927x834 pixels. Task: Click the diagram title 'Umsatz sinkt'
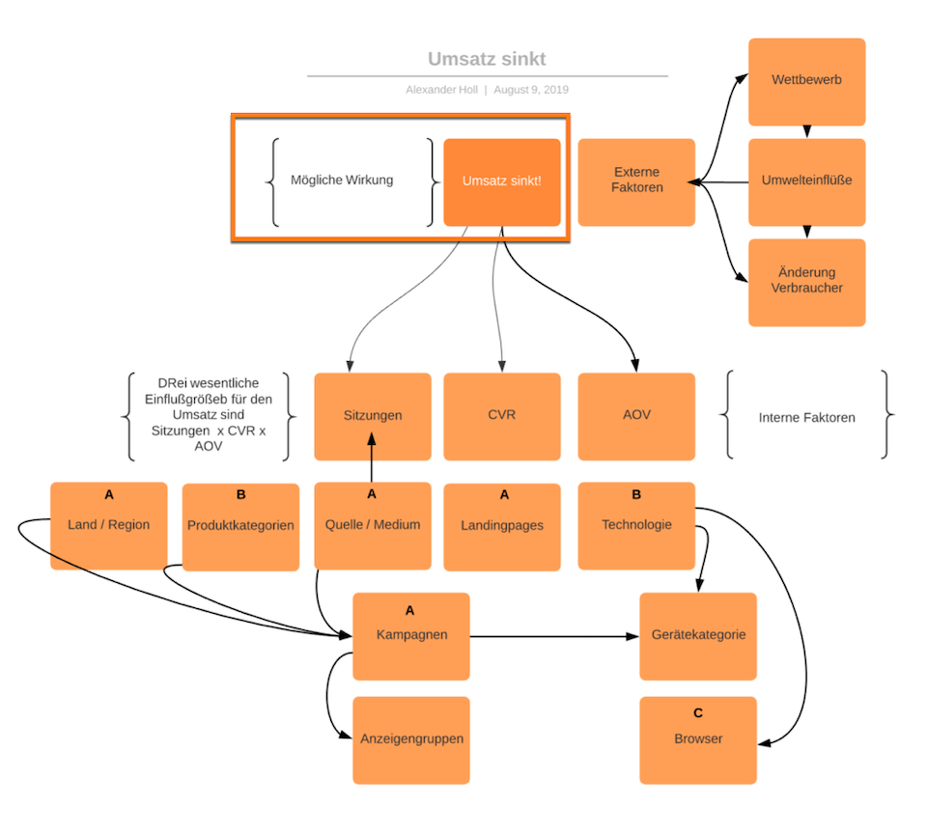click(487, 59)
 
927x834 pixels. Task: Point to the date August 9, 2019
click(531, 90)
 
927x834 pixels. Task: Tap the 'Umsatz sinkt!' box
click(501, 181)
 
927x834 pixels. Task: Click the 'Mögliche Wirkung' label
click(342, 180)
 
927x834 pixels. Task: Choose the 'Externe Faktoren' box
click(636, 181)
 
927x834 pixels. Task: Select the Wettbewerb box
click(806, 81)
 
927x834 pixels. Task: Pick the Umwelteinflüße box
click(806, 181)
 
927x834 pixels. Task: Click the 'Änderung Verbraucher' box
click(806, 281)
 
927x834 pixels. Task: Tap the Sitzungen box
click(372, 416)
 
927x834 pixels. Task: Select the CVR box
click(501, 416)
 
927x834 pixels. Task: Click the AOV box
click(636, 416)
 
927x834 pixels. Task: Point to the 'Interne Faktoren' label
click(806, 417)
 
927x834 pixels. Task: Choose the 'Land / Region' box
click(108, 526)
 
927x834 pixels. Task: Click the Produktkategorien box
click(240, 527)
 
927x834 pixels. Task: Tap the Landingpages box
click(501, 527)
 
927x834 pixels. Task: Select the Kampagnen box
click(410, 636)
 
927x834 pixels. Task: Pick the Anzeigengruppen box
click(410, 739)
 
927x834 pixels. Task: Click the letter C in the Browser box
click(697, 713)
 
